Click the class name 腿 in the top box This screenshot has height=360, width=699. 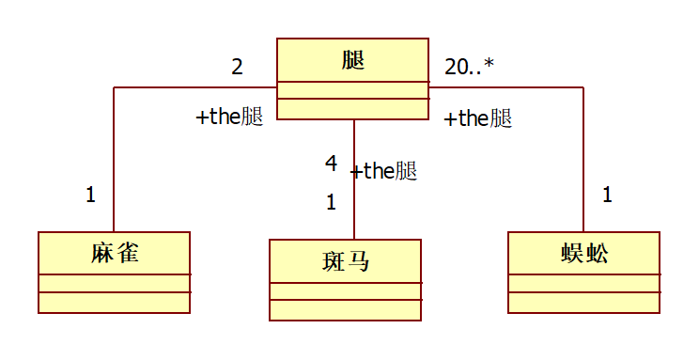point(352,61)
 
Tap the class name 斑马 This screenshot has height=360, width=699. point(345,260)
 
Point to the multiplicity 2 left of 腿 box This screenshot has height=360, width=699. point(237,67)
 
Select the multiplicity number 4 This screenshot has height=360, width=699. point(331,164)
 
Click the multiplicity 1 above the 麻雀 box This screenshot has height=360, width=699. point(90,196)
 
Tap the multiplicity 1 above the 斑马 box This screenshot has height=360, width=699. point(331,201)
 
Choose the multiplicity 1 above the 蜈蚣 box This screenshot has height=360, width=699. point(607,196)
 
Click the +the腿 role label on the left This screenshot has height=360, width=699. point(229,117)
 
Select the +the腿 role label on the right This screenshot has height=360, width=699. point(477,119)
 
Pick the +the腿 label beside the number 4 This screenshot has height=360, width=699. point(383,171)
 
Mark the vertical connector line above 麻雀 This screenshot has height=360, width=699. point(114,160)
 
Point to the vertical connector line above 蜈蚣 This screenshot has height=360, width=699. point(583,160)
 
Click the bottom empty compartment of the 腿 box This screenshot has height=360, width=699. point(352,108)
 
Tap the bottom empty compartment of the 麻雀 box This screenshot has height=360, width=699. point(114,302)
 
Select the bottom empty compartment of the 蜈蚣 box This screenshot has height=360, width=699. point(583,302)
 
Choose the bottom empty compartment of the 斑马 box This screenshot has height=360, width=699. point(345,310)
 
